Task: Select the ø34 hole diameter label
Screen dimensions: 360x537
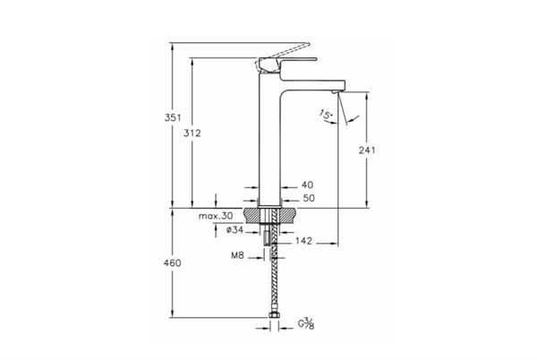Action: point(236,230)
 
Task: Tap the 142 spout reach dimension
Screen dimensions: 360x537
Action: point(303,240)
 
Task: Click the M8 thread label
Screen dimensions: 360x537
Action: point(239,256)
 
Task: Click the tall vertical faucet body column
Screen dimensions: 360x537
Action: point(270,143)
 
